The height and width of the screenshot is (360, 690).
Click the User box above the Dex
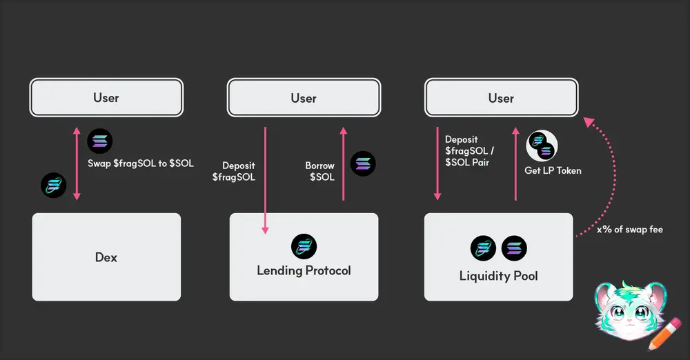(106, 97)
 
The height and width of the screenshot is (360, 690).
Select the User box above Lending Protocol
(304, 98)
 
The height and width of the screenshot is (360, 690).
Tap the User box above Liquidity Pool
(501, 98)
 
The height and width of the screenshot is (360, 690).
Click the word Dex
(106, 257)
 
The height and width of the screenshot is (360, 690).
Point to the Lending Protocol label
(304, 270)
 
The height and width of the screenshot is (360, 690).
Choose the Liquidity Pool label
(498, 276)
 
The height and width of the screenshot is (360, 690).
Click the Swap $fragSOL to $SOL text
(141, 163)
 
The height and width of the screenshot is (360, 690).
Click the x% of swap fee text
(629, 229)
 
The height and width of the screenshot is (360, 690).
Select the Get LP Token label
(553, 170)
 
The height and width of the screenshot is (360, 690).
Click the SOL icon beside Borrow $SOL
(364, 163)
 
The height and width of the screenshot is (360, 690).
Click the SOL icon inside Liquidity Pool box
(514, 248)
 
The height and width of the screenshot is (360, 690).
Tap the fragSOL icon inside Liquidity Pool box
(483, 248)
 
